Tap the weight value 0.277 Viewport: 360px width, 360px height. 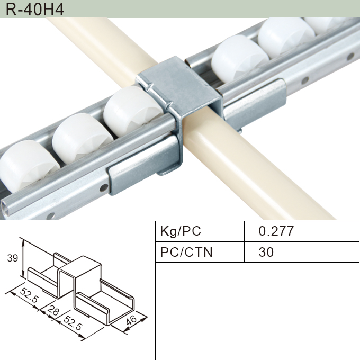coord(276,231)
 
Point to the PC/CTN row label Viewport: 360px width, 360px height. coord(186,252)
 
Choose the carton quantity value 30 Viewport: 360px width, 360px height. coord(266,252)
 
